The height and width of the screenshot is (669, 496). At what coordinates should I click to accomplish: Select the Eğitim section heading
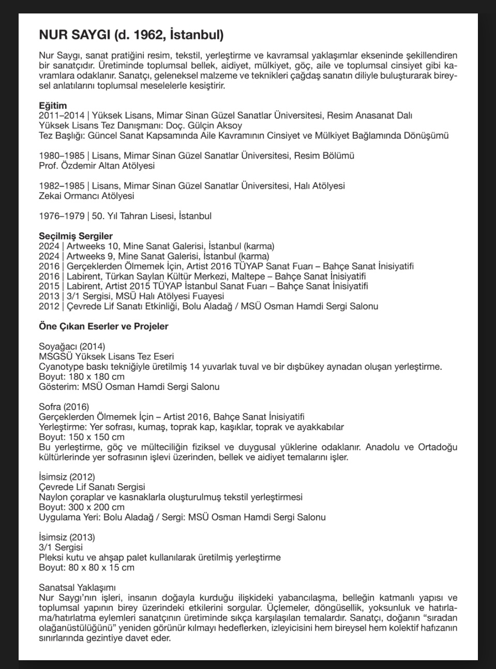pyautogui.click(x=53, y=106)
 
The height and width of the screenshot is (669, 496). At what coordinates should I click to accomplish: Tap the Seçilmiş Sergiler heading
pyautogui.click(x=76, y=236)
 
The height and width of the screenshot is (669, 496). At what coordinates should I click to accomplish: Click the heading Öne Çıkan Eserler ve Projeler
pyautogui.click(x=103, y=326)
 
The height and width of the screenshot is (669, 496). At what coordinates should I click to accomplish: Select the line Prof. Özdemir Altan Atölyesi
pyautogui.click(x=97, y=166)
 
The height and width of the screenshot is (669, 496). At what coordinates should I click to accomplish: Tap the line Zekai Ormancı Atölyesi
pyautogui.click(x=86, y=196)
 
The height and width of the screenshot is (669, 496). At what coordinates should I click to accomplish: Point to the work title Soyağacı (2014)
pyautogui.click(x=72, y=346)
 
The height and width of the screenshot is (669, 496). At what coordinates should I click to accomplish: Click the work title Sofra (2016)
pyautogui.click(x=64, y=406)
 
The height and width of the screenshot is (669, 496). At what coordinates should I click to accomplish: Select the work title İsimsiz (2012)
pyautogui.click(x=67, y=477)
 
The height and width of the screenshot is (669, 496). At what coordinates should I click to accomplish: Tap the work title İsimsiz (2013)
pyautogui.click(x=67, y=537)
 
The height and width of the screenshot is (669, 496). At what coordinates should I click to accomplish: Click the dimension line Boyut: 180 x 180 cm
pyautogui.click(x=82, y=376)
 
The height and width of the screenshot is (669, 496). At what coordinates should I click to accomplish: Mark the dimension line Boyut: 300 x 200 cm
pyautogui.click(x=82, y=507)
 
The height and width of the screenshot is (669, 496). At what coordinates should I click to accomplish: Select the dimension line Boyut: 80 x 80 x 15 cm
pyautogui.click(x=86, y=568)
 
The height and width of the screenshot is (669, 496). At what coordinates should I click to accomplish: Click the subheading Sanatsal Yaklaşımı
pyautogui.click(x=77, y=588)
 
